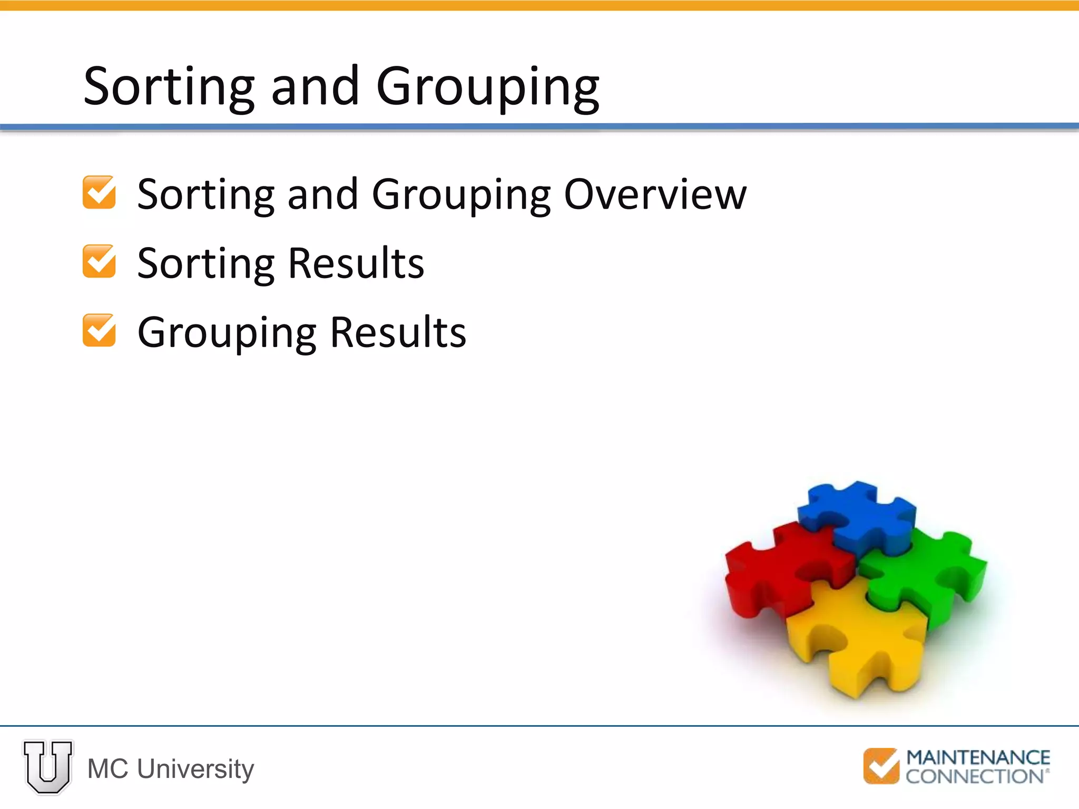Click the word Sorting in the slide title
[169, 87]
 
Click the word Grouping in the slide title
[487, 87]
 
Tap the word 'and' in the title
[315, 87]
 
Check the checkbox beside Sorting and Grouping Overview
[99, 192]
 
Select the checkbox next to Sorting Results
[99, 261]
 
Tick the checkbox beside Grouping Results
[99, 330]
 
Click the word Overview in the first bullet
[655, 194]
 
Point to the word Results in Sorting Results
[356, 263]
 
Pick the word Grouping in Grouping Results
[227, 333]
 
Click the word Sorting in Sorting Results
[206, 264]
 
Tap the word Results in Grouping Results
[398, 332]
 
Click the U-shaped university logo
[48, 767]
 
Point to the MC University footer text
[170, 769]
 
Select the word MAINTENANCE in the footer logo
[978, 758]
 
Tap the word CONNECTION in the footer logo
[975, 776]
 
